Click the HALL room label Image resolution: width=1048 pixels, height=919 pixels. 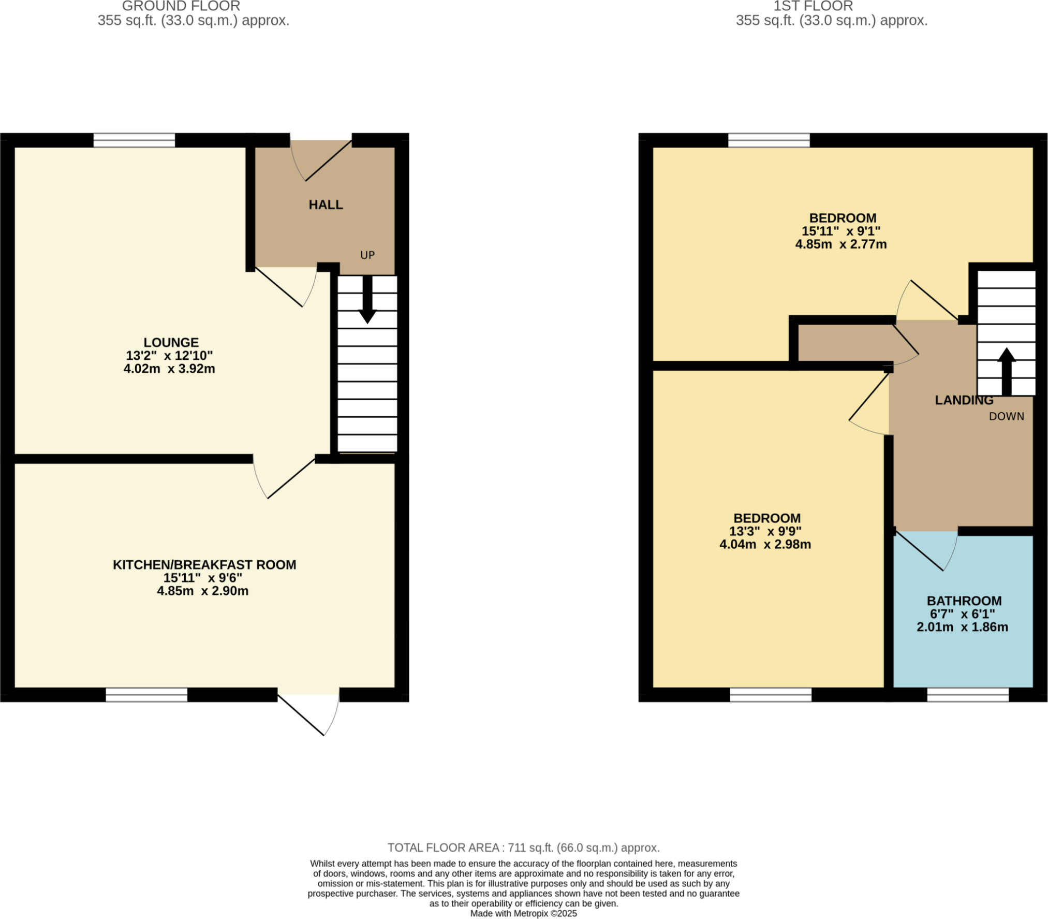(326, 205)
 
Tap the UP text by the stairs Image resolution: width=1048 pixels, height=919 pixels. (367, 255)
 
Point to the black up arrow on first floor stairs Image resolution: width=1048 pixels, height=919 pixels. (1006, 371)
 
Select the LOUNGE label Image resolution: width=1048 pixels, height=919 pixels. (171, 342)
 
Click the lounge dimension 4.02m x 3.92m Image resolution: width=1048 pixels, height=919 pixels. (169, 369)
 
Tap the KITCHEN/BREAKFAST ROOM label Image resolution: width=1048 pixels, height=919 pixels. (204, 564)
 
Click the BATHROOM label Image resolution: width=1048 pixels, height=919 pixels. (964, 601)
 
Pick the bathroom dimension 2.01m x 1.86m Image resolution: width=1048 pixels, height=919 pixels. (962, 627)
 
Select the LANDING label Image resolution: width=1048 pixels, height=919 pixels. (964, 400)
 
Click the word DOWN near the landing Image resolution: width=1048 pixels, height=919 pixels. (1006, 416)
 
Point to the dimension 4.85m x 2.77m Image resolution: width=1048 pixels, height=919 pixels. (840, 244)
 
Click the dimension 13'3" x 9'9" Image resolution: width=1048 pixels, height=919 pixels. (765, 531)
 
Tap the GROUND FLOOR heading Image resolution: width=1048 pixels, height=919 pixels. (181, 6)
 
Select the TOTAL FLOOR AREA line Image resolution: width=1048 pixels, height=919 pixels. (523, 848)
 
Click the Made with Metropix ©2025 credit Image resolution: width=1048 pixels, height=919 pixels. (523, 913)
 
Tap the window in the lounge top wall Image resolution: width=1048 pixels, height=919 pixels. (134, 140)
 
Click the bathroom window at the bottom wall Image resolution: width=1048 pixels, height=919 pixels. (967, 694)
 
